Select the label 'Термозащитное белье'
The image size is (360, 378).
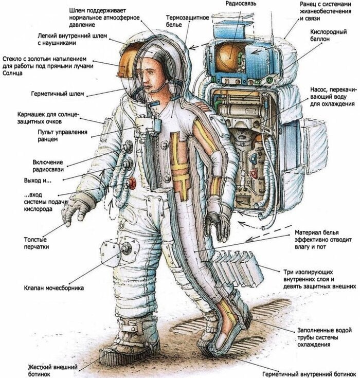(187, 21)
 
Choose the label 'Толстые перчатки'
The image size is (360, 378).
(36, 243)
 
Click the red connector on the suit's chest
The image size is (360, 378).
(132, 183)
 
